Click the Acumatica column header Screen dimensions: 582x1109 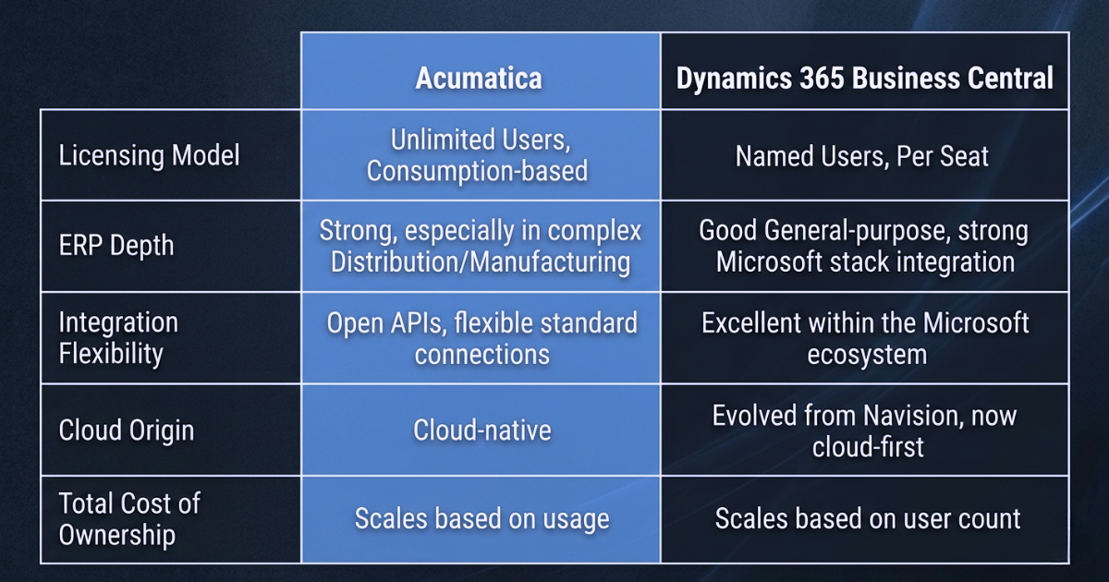[479, 78]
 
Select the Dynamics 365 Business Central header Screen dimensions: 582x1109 [864, 78]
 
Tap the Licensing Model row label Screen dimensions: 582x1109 [150, 155]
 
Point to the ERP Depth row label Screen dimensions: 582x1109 [116, 247]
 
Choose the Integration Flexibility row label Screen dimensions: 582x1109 [118, 337]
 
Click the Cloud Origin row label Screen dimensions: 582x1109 [127, 430]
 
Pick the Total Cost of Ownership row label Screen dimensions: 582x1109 [129, 518]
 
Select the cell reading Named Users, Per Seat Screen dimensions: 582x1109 [862, 156]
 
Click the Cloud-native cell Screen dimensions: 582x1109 [481, 430]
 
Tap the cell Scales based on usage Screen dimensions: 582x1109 [481, 518]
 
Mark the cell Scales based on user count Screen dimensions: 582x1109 [868, 518]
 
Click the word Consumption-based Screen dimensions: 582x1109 [477, 171]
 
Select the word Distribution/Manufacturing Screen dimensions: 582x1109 [481, 261]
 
